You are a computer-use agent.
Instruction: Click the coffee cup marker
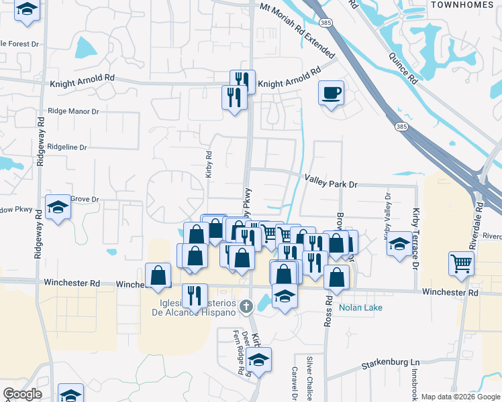(x=332, y=92)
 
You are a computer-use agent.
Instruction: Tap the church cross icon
(x=246, y=306)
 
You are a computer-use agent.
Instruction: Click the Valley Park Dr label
(x=332, y=180)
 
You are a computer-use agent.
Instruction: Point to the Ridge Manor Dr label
(x=74, y=111)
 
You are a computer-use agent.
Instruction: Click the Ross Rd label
(x=328, y=312)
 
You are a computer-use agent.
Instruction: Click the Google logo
(x=22, y=394)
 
